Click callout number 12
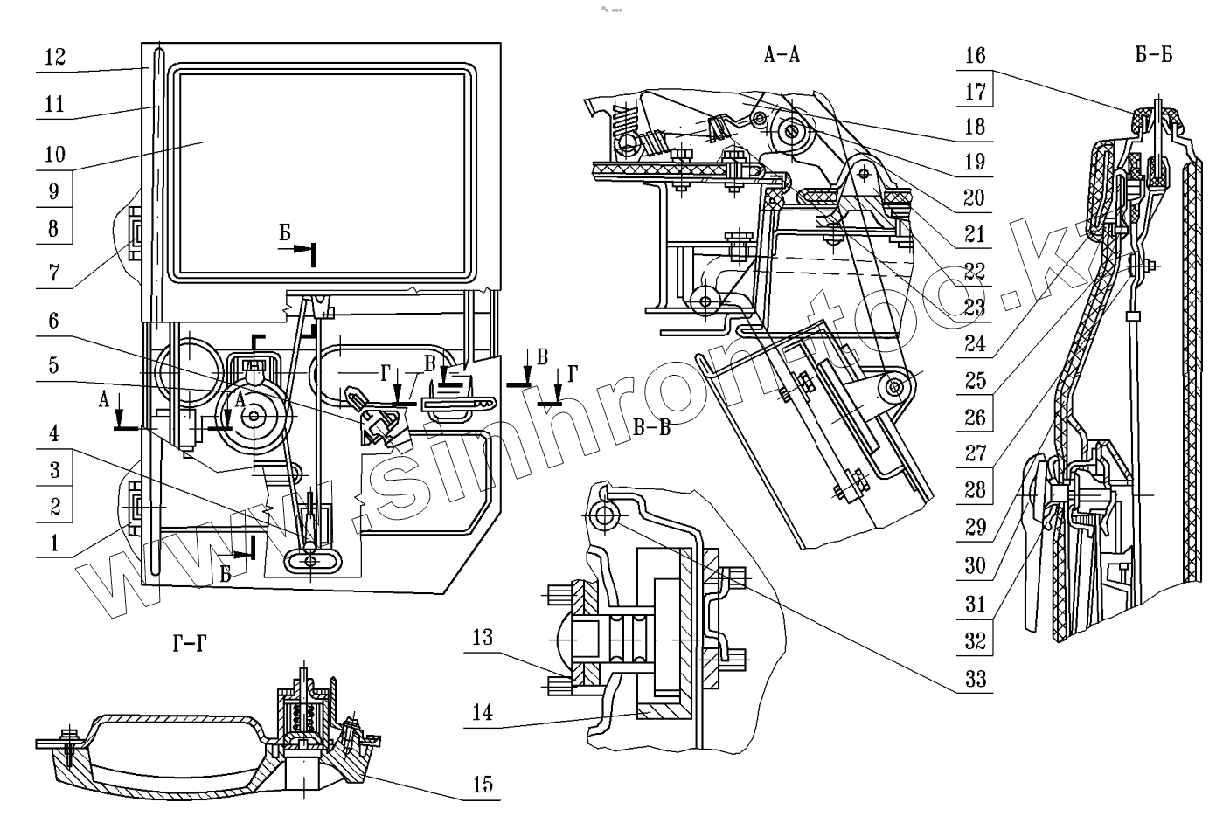55,57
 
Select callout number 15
483,784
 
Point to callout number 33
975,678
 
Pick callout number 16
975,56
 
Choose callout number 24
975,344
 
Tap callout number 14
483,713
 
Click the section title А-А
782,56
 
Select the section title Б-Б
1154,56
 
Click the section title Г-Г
190,646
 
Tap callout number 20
975,198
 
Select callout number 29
975,528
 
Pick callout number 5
55,364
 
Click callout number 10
55,155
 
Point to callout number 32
975,640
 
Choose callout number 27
975,454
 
